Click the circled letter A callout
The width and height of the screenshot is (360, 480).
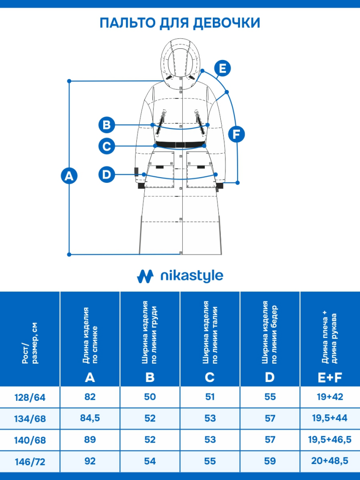tap(69, 176)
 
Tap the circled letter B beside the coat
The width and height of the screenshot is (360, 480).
tap(106, 125)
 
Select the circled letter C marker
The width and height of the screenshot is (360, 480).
tap(106, 146)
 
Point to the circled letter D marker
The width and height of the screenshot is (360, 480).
tap(106, 174)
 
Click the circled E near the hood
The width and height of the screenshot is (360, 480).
tap(223, 68)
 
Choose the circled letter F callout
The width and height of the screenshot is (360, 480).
tap(236, 134)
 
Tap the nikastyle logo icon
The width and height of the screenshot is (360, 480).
tap(145, 276)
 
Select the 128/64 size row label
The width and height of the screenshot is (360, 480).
tap(30, 397)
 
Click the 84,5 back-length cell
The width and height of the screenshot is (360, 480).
tap(90, 418)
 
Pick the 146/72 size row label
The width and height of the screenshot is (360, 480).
tap(30, 462)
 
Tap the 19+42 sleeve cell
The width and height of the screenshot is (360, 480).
tap(330, 397)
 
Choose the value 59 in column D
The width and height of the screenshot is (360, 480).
tap(270, 461)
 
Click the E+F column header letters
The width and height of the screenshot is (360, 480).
tap(330, 377)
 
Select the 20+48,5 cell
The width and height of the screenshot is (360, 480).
tap(330, 461)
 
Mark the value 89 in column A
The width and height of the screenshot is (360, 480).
tap(90, 440)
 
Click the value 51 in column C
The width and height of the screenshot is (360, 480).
tap(210, 397)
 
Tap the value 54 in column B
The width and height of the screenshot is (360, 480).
tap(150, 461)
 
